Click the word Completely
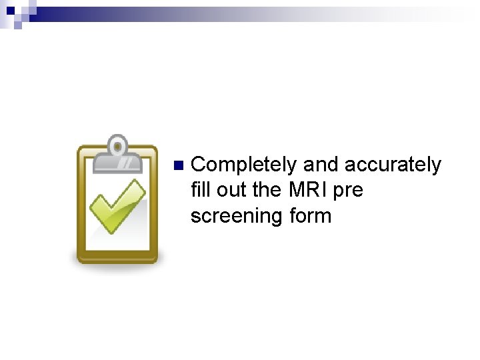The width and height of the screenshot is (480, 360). (244, 165)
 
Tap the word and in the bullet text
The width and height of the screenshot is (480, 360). (321, 165)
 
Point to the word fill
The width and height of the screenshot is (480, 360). (200, 190)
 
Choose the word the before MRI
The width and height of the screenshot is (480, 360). (267, 190)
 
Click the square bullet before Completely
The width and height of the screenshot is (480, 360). (177, 165)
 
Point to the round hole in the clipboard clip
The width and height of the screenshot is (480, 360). (117, 145)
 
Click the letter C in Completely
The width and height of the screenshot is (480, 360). (198, 165)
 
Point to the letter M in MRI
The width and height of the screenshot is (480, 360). (297, 190)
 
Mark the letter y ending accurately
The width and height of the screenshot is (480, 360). (436, 167)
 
